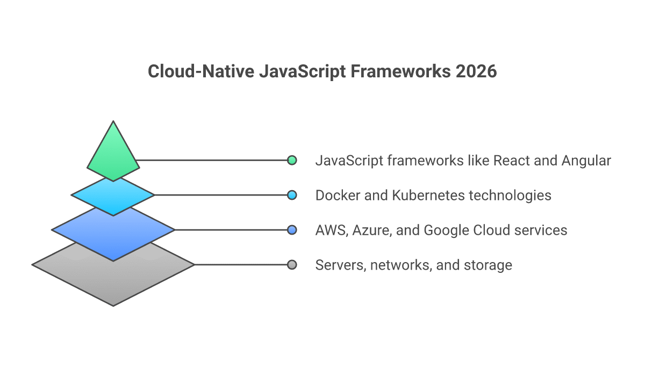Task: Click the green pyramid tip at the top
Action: click(x=113, y=153)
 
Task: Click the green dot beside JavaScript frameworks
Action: click(x=292, y=160)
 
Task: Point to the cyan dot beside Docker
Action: click(x=292, y=195)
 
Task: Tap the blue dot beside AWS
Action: click(x=292, y=230)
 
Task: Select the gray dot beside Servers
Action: click(x=292, y=265)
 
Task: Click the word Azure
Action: click(x=373, y=230)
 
